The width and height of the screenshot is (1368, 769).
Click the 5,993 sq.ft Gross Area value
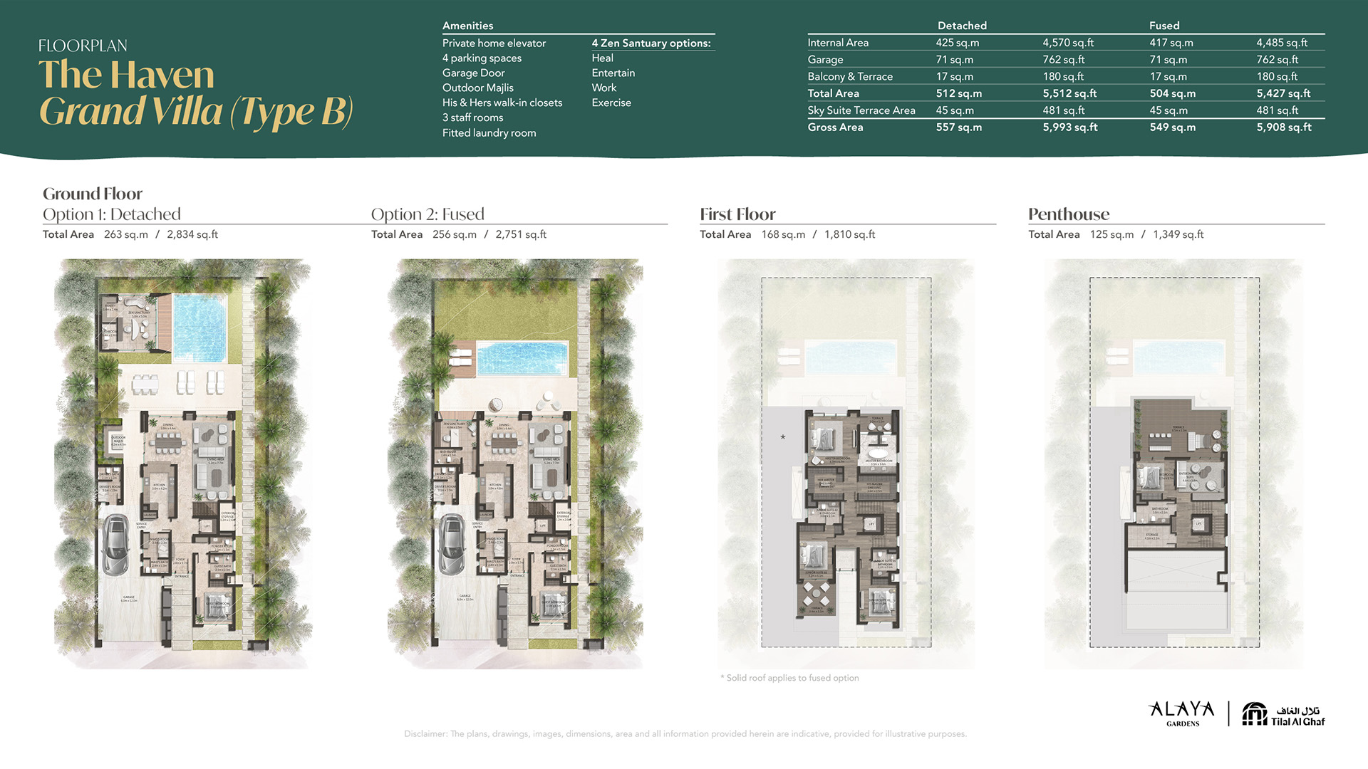click(1069, 127)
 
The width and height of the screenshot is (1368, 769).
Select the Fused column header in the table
click(1164, 26)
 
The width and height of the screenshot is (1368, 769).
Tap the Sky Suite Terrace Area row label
click(861, 110)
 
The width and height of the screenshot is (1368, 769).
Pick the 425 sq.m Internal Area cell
click(957, 43)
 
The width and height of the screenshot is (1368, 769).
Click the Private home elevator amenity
click(494, 43)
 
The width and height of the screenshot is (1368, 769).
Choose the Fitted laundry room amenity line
click(489, 133)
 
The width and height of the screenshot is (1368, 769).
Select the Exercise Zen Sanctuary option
click(611, 103)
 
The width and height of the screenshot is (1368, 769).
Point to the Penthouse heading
click(1068, 214)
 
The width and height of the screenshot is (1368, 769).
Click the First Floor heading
click(737, 214)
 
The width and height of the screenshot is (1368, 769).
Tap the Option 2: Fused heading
click(427, 214)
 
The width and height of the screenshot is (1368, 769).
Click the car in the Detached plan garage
click(115, 544)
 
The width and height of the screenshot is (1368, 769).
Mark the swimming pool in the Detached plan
click(199, 328)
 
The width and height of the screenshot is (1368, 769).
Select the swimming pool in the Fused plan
click(522, 357)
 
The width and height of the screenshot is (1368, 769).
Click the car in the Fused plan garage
click(451, 544)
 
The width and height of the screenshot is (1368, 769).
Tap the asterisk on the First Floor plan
click(783, 437)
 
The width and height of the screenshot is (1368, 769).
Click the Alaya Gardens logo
click(1182, 713)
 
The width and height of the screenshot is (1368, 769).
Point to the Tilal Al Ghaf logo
click(1283, 714)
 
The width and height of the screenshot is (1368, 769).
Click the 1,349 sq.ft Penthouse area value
click(1178, 234)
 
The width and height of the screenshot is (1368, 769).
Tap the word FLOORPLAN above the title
click(83, 46)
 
